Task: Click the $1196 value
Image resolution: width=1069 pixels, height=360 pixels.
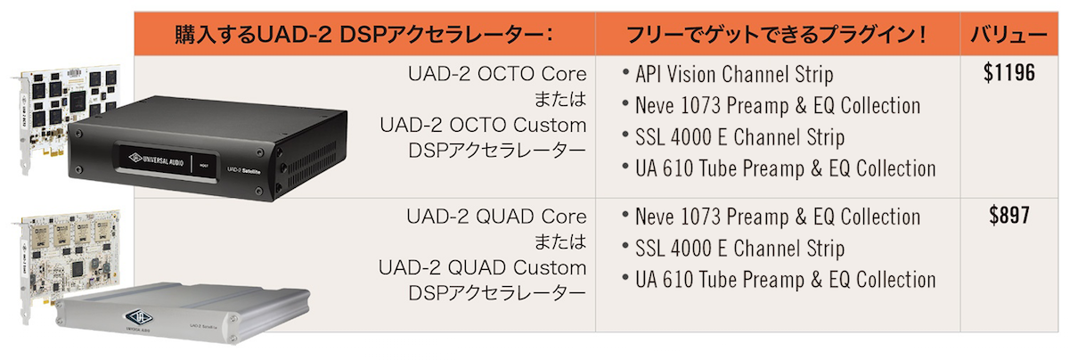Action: tap(1008, 73)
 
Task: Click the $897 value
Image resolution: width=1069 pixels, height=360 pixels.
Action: tap(1008, 216)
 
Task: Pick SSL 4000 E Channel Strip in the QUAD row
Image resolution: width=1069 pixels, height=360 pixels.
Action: tap(739, 249)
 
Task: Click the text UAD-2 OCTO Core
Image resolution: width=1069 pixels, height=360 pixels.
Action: tap(497, 74)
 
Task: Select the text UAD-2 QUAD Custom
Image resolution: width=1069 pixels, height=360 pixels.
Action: tap(483, 268)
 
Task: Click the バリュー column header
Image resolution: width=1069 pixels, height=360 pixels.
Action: tap(1008, 35)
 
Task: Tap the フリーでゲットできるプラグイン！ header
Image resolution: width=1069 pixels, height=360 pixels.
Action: tap(776, 35)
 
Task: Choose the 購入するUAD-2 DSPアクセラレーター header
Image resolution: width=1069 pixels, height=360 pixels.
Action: tap(363, 35)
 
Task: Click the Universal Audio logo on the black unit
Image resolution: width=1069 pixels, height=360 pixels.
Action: tap(156, 160)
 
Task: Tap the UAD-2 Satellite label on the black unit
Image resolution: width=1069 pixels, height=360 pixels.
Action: tap(243, 170)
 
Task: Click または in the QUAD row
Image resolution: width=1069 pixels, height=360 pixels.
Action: tap(560, 242)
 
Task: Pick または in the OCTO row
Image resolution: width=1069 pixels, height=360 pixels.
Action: tap(560, 99)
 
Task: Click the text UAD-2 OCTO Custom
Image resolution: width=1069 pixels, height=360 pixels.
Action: tap(483, 125)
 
